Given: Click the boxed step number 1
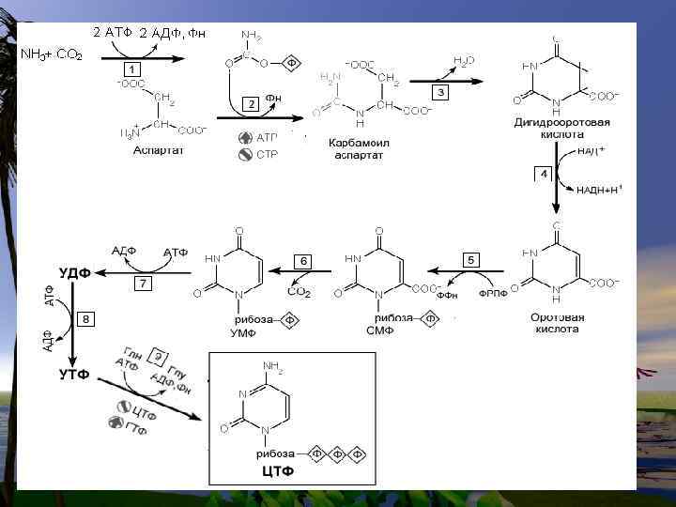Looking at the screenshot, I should pos(133,70).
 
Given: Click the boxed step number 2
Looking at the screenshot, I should pos(251,103).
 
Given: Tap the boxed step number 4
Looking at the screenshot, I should pos(543,175).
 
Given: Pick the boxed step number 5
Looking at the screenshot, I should pos(471,259).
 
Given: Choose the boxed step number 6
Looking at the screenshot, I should pos(302,260).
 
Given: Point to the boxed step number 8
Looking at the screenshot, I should pos(86,320).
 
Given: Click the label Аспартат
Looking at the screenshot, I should pos(158,150).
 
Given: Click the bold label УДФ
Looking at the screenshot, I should pos(74,273).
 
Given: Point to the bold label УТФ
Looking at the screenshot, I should pos(74,374).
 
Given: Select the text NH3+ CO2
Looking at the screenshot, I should pos(53,54).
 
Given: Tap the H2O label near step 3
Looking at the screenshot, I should pos(464,62).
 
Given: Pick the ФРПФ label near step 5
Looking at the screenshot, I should pos(494,294).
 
